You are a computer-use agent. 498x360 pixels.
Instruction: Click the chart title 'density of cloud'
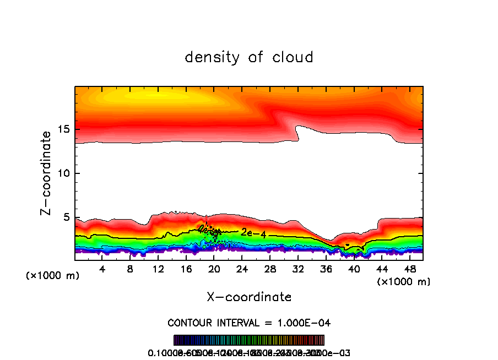tap(249, 57)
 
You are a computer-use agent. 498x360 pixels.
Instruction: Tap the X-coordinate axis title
tap(249, 297)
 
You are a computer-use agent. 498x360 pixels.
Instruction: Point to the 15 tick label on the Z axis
tap(63, 130)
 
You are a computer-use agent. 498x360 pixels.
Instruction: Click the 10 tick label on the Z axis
tap(63, 173)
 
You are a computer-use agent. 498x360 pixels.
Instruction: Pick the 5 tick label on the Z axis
tap(66, 217)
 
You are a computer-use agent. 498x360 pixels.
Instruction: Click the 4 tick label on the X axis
tap(102, 270)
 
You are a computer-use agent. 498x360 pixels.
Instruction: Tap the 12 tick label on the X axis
tap(158, 270)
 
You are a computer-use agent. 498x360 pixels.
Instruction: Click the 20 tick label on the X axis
tap(214, 270)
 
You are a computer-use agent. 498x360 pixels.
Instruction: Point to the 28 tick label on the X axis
tap(270, 270)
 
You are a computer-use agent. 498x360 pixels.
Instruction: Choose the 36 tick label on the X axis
tap(326, 270)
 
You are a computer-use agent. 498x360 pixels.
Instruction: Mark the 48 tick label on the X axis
tap(409, 270)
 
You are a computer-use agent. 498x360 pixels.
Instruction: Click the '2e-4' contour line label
tap(253, 233)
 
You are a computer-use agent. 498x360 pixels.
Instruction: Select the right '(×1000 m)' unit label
tap(404, 282)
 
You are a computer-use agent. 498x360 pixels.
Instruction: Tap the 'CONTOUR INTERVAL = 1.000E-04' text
tap(249, 323)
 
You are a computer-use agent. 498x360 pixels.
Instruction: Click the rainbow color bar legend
tap(249, 340)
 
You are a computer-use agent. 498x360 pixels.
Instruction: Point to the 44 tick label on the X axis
tap(381, 270)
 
